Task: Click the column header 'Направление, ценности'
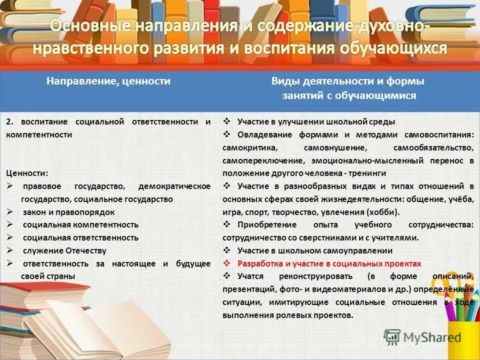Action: [108, 81]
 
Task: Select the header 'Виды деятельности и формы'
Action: [347, 81]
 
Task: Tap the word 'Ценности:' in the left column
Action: [27, 173]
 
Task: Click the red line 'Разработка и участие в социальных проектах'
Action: [329, 263]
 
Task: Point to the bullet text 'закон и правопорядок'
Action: [68, 212]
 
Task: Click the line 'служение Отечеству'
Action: [64, 251]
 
